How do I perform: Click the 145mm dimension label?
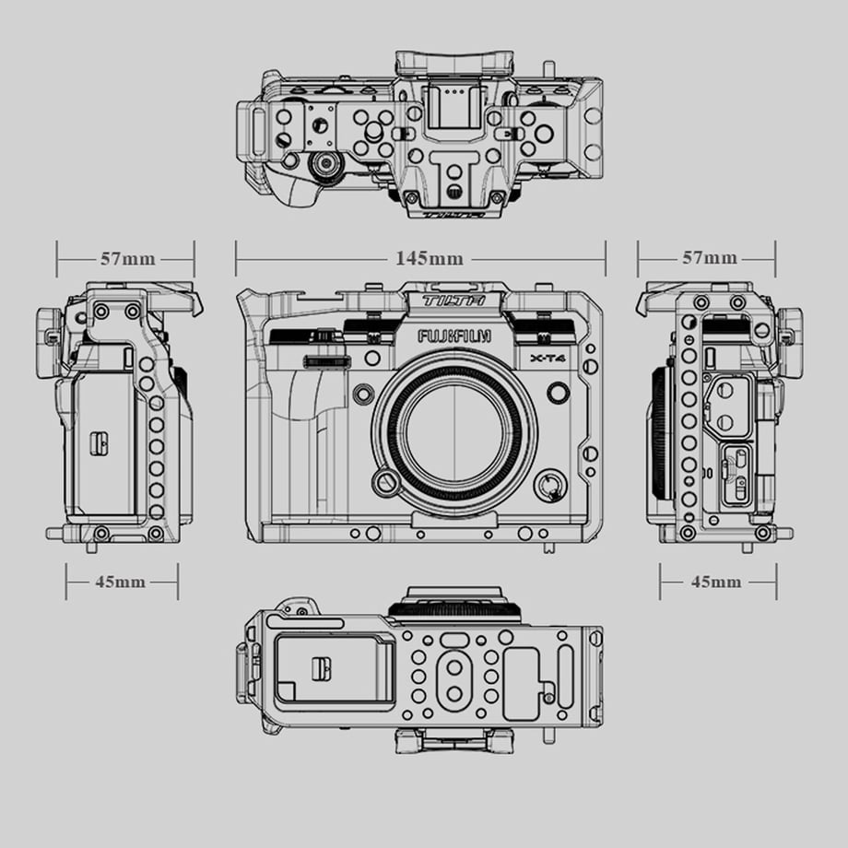[x=430, y=258]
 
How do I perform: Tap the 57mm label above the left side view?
[x=127, y=258]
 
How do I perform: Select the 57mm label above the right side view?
[x=709, y=257]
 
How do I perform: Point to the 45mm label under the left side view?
[x=120, y=582]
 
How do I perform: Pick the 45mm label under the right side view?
[x=716, y=582]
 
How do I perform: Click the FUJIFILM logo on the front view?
[x=454, y=336]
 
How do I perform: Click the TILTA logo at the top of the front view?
[x=453, y=300]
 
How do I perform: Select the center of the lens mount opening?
[x=454, y=437]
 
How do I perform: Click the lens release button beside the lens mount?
[x=385, y=480]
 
